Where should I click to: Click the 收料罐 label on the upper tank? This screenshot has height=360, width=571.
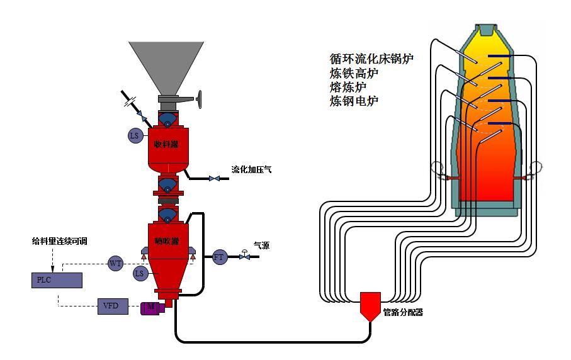166,144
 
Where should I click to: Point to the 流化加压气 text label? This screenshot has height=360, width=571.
251,170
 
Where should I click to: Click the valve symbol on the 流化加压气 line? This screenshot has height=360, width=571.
215,179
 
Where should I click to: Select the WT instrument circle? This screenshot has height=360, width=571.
115,264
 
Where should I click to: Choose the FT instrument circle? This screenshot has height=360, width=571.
219,257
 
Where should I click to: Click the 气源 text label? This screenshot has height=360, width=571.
261,245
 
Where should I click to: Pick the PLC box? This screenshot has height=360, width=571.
57,279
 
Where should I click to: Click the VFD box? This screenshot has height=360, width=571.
113,307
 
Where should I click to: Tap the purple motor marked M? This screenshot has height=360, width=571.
152,307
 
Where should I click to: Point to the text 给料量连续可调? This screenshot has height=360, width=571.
60,240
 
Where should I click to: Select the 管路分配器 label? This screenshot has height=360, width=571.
403,312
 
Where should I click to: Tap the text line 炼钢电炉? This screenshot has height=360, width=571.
354,101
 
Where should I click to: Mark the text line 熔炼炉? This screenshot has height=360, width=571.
348,87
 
